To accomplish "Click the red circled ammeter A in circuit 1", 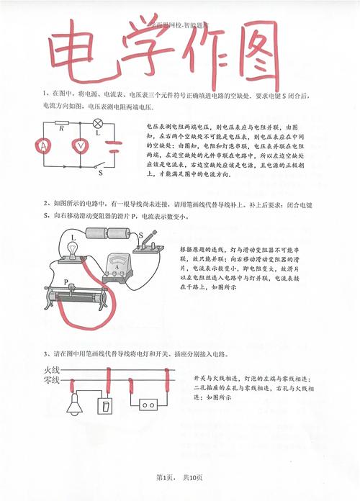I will [x=44, y=145].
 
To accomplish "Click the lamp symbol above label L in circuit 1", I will [x=99, y=124].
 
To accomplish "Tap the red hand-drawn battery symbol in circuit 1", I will [x=113, y=148].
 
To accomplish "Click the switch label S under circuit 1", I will [x=100, y=173].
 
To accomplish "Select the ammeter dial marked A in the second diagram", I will [x=115, y=267].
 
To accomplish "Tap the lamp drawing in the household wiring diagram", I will [x=74, y=407].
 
